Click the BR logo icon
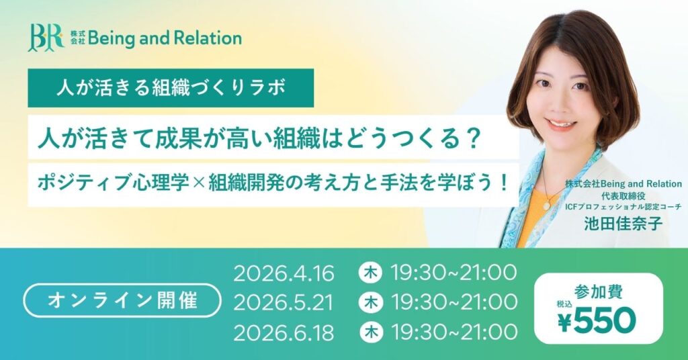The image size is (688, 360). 46,38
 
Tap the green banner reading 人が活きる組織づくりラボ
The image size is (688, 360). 161,87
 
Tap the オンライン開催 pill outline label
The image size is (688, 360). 122,300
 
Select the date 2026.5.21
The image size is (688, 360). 284,303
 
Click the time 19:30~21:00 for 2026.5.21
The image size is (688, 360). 454,303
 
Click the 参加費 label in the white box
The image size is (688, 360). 598,291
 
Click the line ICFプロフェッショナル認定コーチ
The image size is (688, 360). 623,207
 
